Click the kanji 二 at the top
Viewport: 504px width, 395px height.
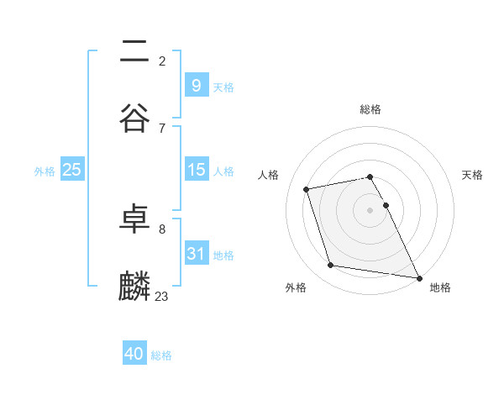pyautogui.click(x=134, y=50)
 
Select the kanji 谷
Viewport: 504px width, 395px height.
pyautogui.click(x=134, y=118)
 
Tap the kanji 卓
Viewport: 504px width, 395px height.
pyautogui.click(x=134, y=219)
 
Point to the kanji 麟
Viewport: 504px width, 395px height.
pyautogui.click(x=134, y=287)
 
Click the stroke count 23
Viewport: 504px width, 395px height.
pyautogui.click(x=162, y=296)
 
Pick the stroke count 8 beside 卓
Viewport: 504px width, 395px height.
pyautogui.click(x=162, y=229)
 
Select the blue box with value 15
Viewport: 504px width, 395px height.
pyautogui.click(x=196, y=170)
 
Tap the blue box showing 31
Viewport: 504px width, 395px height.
pyautogui.click(x=196, y=254)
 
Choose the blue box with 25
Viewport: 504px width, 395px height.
pyautogui.click(x=71, y=170)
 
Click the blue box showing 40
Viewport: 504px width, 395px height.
pyautogui.click(x=134, y=354)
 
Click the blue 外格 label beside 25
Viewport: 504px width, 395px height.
pyautogui.click(x=45, y=171)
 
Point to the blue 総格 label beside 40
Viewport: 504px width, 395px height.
pyautogui.click(x=161, y=355)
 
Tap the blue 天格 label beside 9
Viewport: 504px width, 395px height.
pyautogui.click(x=223, y=87)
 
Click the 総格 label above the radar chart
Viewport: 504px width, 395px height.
pyautogui.click(x=370, y=109)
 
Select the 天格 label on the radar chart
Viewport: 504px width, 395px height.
pyautogui.click(x=473, y=175)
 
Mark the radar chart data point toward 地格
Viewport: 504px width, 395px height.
pyautogui.click(x=417, y=277)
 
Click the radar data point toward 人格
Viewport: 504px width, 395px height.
pyautogui.click(x=307, y=188)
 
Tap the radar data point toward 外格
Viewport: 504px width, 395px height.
pyautogui.click(x=331, y=266)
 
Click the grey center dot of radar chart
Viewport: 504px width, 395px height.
pyautogui.click(x=370, y=209)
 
